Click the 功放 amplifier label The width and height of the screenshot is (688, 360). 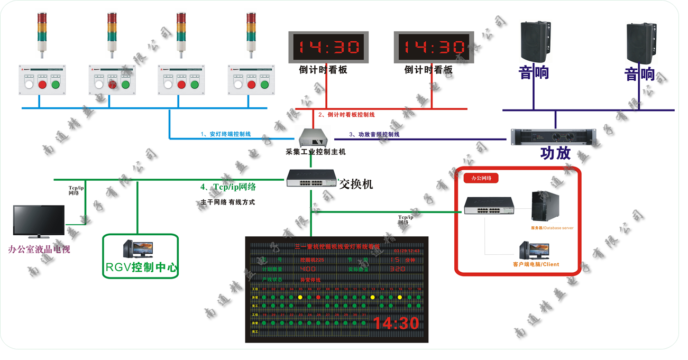coord(555,153)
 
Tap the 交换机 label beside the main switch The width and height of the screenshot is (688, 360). coord(356,184)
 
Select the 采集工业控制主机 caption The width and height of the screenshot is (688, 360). coord(316,152)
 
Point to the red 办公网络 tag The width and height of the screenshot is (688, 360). coord(481,178)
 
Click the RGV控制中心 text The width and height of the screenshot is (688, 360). coord(140,267)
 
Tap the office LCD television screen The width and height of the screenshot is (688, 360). coord(39,221)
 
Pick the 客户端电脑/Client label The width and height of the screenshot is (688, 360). coord(536,264)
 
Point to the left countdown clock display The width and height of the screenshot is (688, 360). coord(328,47)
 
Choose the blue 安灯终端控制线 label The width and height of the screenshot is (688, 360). coord(230,134)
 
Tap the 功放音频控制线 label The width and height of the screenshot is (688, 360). coord(378,134)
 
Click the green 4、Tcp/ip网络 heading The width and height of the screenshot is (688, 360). coord(228,187)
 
